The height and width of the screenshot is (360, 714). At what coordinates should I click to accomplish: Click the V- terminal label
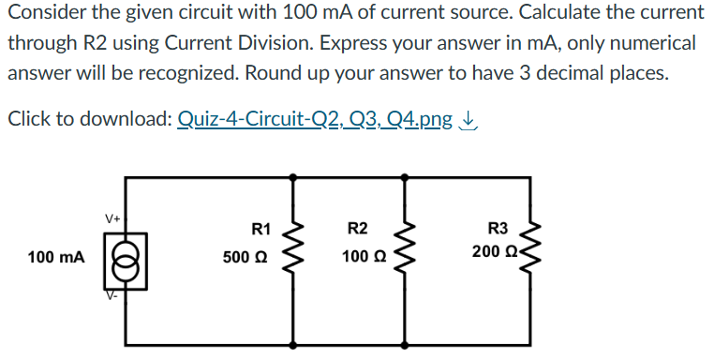point(111,294)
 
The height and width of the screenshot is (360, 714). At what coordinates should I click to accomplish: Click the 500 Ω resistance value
point(246,256)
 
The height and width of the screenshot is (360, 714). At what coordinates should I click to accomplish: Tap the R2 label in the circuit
point(357,229)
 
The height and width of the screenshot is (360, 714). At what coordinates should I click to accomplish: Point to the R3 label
point(498,229)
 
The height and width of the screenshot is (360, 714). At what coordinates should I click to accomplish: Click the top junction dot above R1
point(298,175)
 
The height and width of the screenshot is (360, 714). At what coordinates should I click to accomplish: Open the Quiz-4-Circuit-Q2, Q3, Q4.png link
point(315,119)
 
